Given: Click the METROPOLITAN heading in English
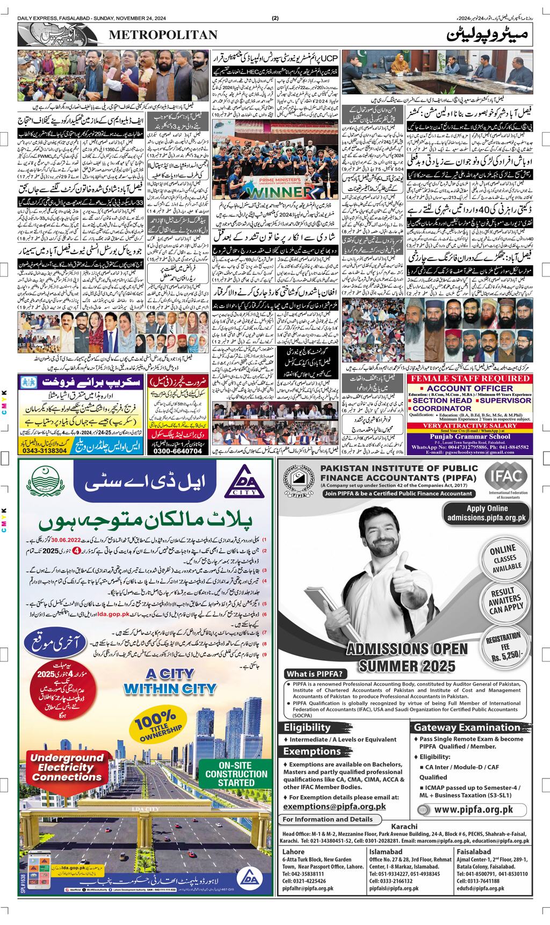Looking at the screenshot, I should point(163,35).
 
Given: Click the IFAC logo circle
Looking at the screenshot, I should point(506,477).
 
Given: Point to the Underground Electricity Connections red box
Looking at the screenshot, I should point(59,768).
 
